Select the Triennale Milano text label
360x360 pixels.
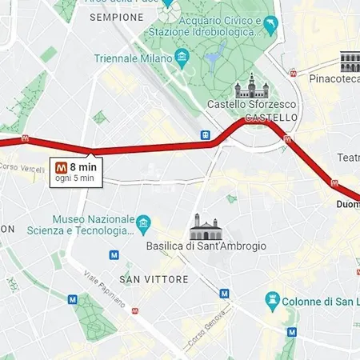(133, 58)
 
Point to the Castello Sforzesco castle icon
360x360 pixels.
(248, 86)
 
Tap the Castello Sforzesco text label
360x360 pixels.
(252, 105)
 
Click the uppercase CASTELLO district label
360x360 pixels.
(271, 118)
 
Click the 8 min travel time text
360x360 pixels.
(82, 167)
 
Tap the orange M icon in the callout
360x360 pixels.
(61, 167)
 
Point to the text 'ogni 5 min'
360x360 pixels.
(74, 178)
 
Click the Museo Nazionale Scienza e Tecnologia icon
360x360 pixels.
(143, 222)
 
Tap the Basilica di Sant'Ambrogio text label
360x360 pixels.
(206, 246)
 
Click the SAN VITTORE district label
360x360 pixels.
(154, 279)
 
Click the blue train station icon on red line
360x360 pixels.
(206, 135)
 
